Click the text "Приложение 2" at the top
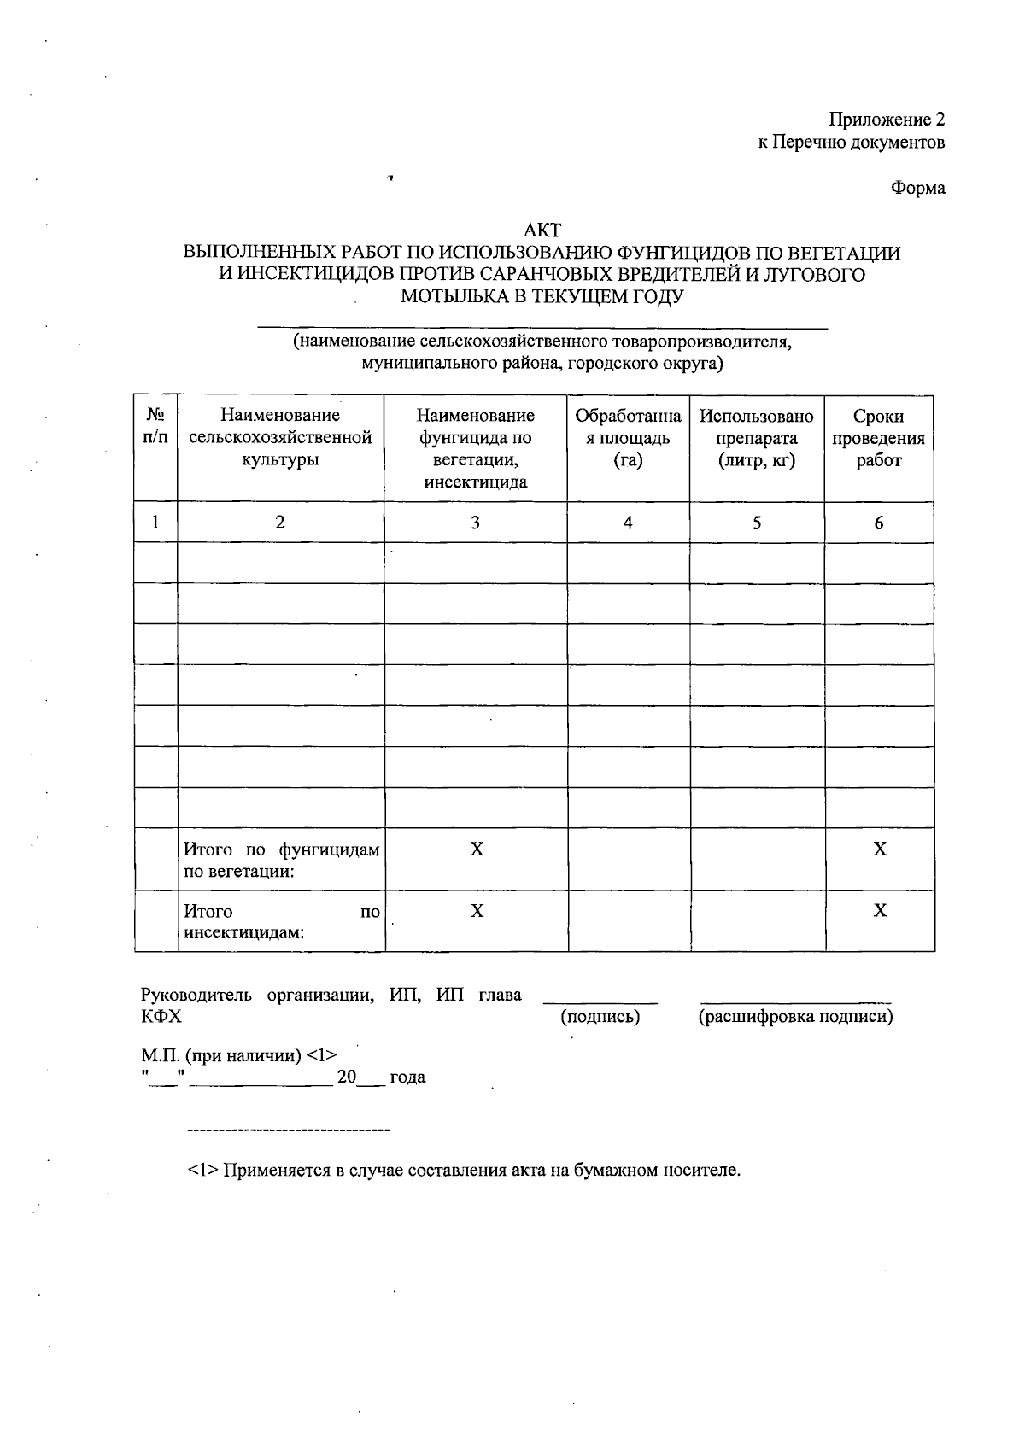point(887,120)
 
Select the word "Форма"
point(918,188)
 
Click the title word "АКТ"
point(542,231)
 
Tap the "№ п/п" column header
point(155,426)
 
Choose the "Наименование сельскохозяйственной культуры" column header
point(280,437)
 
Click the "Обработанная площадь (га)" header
point(628,437)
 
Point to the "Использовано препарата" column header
point(756,437)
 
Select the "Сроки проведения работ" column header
point(878,437)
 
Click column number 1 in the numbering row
point(155,523)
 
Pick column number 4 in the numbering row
point(628,523)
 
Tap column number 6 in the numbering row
point(878,523)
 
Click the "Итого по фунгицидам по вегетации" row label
point(281,861)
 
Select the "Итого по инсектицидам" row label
point(281,922)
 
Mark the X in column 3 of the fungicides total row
point(477,850)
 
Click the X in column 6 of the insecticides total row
point(879,911)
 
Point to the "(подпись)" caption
point(600,1017)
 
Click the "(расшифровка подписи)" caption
point(795,1017)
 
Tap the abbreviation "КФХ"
point(161,1017)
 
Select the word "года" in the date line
point(407,1077)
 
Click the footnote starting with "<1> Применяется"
point(464,1170)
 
